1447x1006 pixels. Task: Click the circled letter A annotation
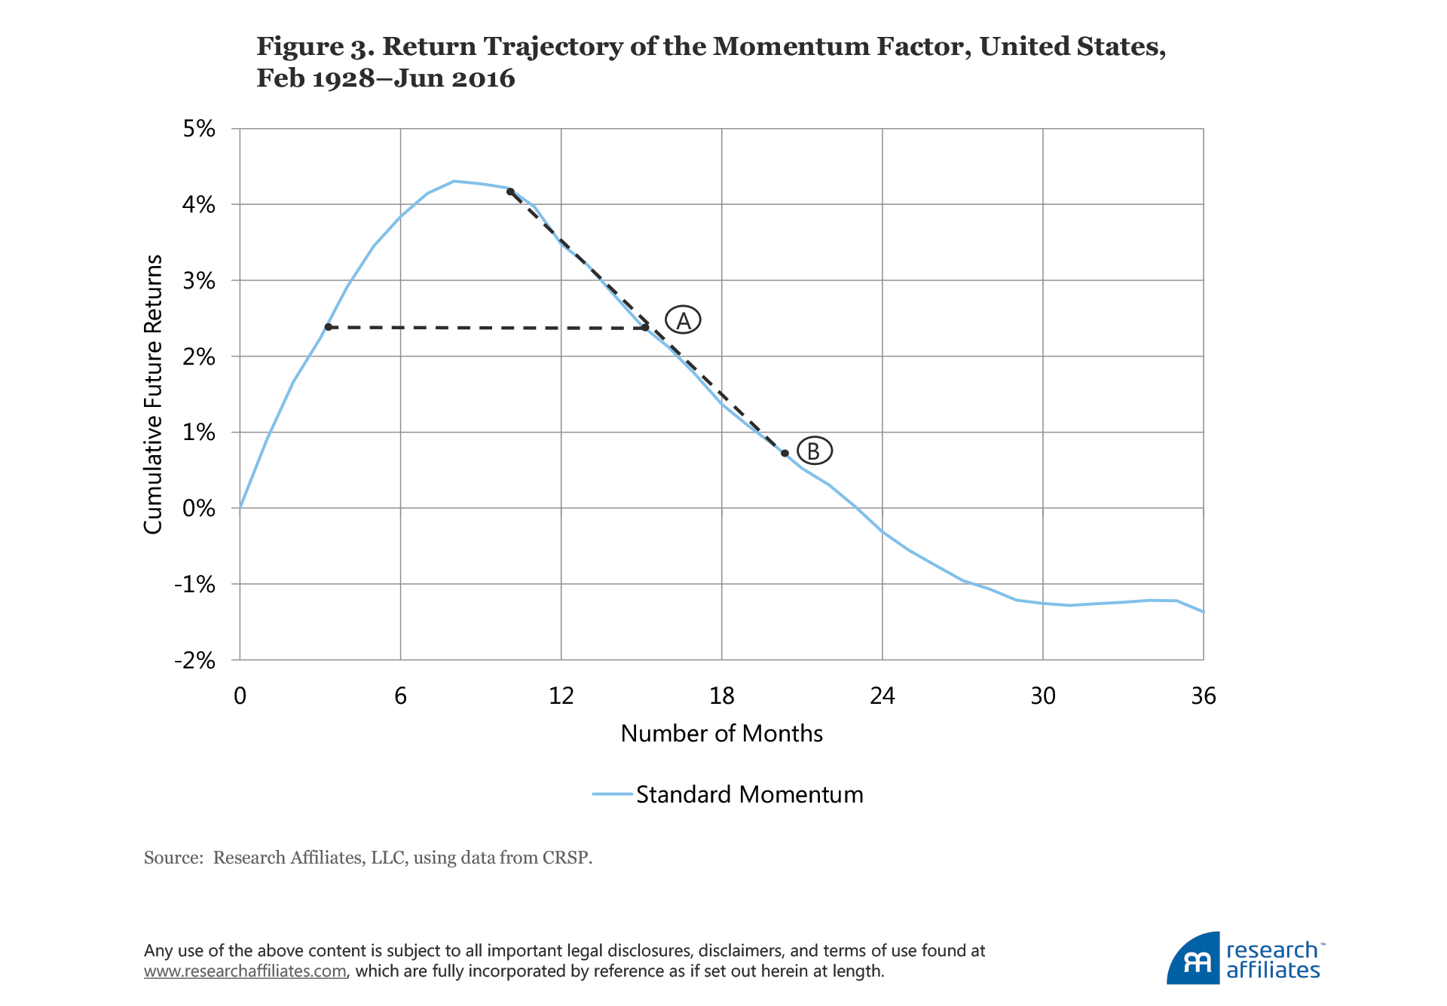(683, 320)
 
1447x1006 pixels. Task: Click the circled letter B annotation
(814, 451)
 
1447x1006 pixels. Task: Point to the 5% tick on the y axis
(199, 129)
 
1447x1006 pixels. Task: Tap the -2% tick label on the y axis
(194, 661)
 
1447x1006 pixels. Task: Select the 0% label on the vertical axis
(199, 509)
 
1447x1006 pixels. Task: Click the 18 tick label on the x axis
(721, 696)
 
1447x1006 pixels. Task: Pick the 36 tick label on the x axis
(1203, 696)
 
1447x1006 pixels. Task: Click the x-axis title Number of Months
(721, 733)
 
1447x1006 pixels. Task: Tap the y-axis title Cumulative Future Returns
(153, 394)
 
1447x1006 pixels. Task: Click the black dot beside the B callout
(785, 453)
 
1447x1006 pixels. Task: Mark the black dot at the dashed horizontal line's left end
(328, 327)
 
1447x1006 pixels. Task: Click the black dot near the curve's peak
(510, 191)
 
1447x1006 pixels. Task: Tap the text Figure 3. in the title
(315, 47)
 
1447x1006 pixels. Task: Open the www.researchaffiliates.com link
(245, 971)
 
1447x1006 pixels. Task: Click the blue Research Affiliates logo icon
(1193, 959)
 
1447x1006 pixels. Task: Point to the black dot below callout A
(645, 327)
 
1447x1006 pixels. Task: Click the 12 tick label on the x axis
(561, 696)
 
